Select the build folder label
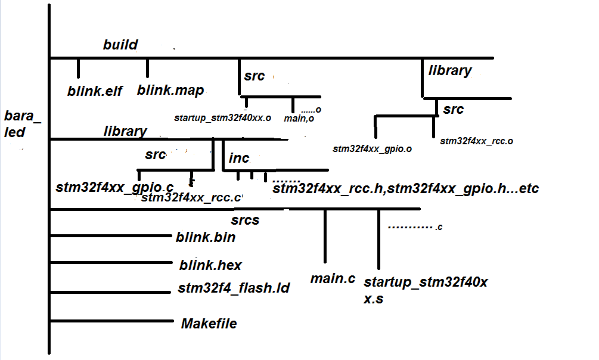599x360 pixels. tap(120, 45)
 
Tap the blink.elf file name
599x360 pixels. tap(95, 91)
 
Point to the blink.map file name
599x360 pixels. tap(170, 91)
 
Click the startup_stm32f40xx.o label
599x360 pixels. tap(222, 118)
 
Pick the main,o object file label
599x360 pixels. tap(299, 119)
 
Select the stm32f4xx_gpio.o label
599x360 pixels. tap(373, 148)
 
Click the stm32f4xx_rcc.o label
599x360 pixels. tap(477, 141)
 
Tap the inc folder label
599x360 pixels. tap(238, 159)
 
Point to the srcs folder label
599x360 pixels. tap(245, 221)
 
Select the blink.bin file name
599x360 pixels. tap(206, 237)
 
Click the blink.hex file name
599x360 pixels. tap(210, 265)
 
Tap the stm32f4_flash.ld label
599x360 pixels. tap(234, 289)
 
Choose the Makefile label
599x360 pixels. tap(209, 324)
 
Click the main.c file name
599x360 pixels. tap(333, 278)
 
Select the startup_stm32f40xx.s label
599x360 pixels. tap(426, 290)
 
